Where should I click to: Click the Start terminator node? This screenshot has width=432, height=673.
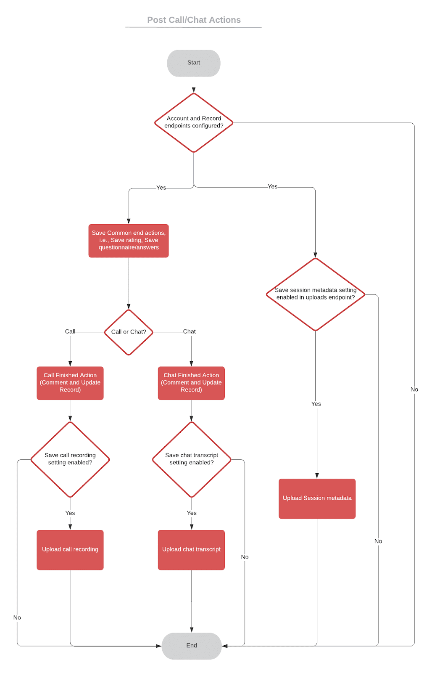[x=193, y=63]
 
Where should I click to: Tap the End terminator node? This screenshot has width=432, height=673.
[x=192, y=646]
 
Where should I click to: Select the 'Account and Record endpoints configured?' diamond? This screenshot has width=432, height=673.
[x=194, y=122]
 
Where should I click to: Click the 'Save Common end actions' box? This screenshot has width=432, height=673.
[x=129, y=240]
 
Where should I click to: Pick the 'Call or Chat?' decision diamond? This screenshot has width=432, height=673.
[x=129, y=332]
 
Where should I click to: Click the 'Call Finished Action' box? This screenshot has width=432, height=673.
[x=70, y=383]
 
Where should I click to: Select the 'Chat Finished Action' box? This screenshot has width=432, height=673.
[x=191, y=383]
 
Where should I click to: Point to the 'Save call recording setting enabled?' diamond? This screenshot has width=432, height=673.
[x=70, y=459]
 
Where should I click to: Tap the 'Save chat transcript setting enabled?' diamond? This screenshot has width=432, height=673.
[x=192, y=459]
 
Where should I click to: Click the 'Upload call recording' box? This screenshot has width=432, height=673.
[x=70, y=550]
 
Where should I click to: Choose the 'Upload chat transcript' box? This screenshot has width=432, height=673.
[x=191, y=550]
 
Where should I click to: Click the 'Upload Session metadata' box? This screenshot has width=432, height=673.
[x=317, y=498]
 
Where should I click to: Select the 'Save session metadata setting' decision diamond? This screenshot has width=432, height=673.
[x=315, y=294]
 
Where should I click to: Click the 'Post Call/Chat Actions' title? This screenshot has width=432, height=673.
[x=194, y=20]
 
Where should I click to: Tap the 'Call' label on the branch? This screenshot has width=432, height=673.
[x=70, y=331]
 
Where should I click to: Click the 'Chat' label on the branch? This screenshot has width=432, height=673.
[x=189, y=331]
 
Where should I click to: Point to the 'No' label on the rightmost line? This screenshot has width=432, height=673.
[x=414, y=389]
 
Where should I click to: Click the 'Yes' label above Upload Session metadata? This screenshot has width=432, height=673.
[x=316, y=404]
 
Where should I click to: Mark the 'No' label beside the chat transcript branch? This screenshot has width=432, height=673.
[x=245, y=557]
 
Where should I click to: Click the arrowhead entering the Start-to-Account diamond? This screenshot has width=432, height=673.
[x=194, y=90]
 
